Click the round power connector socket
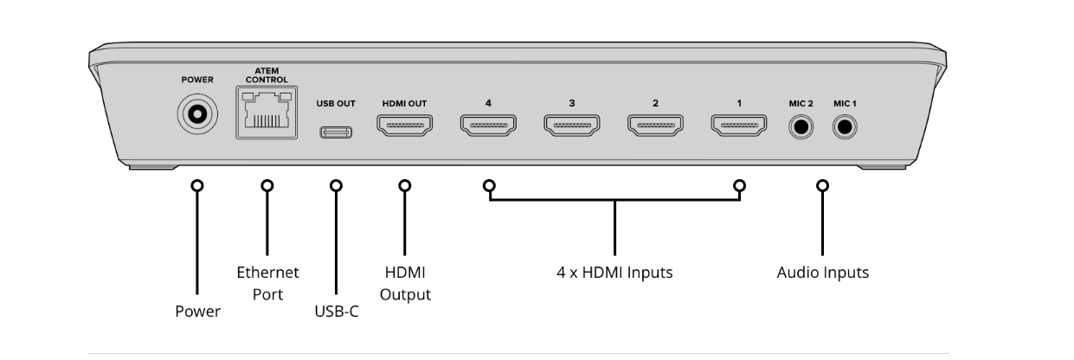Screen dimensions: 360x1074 click(x=197, y=114)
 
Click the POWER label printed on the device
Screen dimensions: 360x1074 click(x=197, y=79)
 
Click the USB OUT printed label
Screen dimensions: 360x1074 click(x=336, y=103)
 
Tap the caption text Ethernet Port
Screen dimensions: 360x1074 click(x=267, y=283)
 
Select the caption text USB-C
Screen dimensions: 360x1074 click(x=337, y=311)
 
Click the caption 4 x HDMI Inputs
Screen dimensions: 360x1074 click(x=614, y=273)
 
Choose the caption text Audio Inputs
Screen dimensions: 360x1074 click(x=822, y=273)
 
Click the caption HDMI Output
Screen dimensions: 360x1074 click(x=405, y=283)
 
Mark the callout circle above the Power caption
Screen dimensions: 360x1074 click(x=197, y=185)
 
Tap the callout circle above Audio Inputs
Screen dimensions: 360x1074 click(x=822, y=185)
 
